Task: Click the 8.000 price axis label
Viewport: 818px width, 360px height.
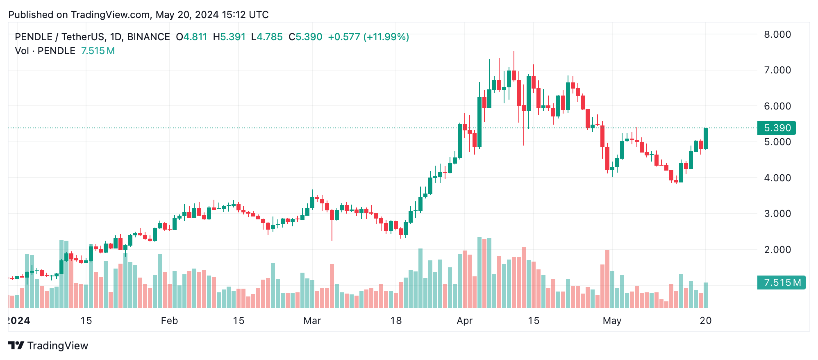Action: tap(777, 34)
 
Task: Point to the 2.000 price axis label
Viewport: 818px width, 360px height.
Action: tap(777, 250)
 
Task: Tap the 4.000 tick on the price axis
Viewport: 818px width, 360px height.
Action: tap(777, 178)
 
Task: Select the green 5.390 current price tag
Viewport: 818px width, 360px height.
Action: tap(777, 128)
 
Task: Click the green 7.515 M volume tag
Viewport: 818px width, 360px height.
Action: tap(781, 283)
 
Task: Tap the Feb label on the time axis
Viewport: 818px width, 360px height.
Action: tap(169, 321)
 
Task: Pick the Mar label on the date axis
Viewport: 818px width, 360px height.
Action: tap(312, 321)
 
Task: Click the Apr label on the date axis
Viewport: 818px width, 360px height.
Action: tap(465, 321)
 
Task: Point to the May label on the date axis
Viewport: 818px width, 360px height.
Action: tap(612, 321)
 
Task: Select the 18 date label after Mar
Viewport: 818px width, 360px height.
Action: tap(396, 321)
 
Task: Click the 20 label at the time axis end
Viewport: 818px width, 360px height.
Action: tap(705, 321)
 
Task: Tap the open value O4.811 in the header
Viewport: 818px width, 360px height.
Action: tap(191, 37)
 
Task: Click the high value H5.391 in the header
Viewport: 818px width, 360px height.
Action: tap(229, 37)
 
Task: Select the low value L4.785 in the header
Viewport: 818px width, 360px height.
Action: tap(267, 37)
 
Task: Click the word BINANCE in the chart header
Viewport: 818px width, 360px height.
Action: tap(148, 37)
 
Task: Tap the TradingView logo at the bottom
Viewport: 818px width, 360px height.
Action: tap(48, 346)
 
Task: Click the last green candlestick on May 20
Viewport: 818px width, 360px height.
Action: tap(706, 139)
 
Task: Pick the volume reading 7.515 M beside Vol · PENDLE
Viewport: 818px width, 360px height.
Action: tap(98, 51)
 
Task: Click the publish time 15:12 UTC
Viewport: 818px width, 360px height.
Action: tap(245, 15)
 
